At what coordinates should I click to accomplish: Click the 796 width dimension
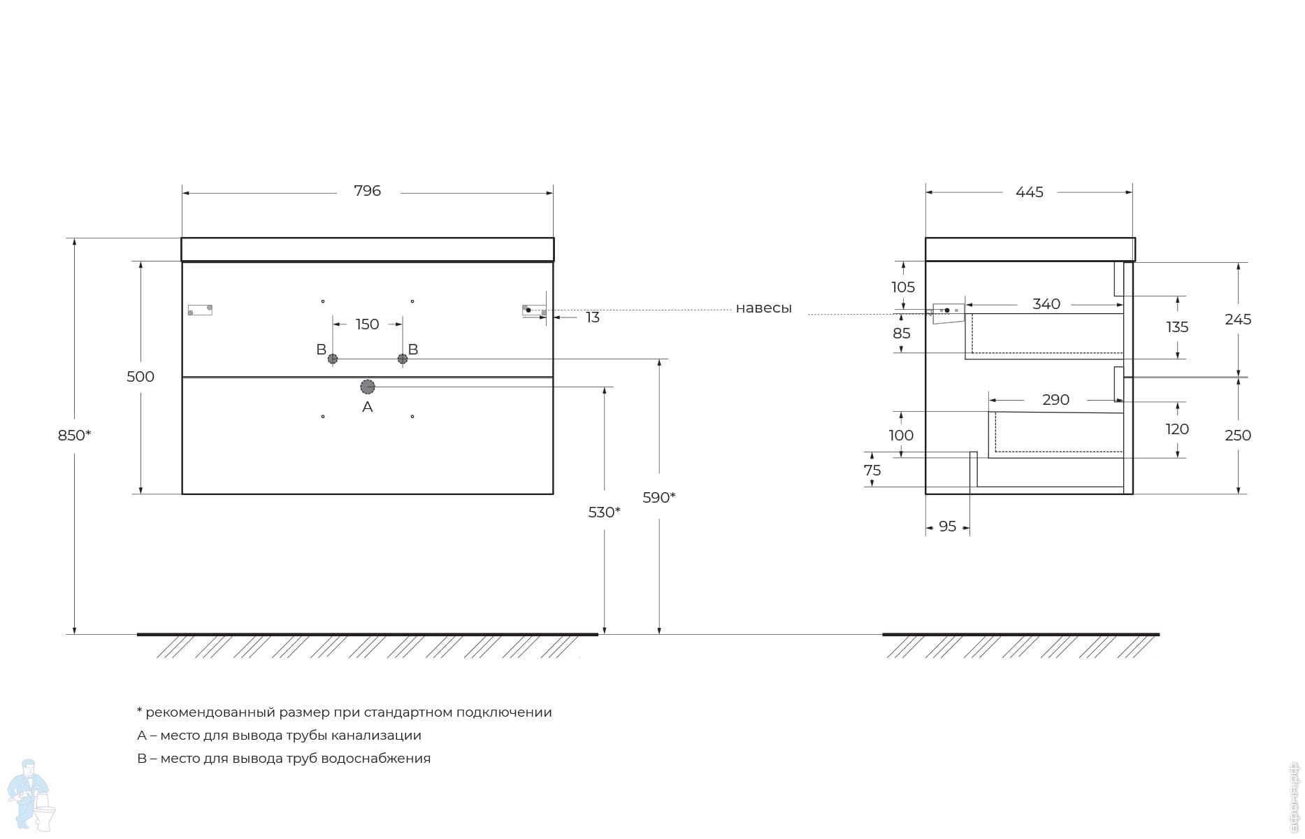(x=367, y=191)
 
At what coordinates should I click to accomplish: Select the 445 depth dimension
(x=1029, y=192)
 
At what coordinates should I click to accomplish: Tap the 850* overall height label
(x=74, y=436)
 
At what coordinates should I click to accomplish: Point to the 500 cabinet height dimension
(x=140, y=377)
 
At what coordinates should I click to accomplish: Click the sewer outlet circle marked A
(x=368, y=387)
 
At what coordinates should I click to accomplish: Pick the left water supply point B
(x=333, y=359)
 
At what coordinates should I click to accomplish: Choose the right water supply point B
(x=403, y=359)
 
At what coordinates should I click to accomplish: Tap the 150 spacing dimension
(x=367, y=324)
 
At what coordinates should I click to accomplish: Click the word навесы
(x=763, y=308)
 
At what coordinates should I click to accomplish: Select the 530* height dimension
(x=605, y=512)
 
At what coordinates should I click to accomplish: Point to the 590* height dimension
(x=659, y=498)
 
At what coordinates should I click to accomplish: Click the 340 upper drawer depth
(x=1046, y=304)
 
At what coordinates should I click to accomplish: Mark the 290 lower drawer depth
(x=1055, y=400)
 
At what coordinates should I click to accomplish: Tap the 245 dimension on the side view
(x=1238, y=320)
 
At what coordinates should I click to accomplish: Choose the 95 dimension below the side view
(x=947, y=526)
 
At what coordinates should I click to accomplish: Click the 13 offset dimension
(x=593, y=317)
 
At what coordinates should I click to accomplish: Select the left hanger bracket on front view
(x=200, y=310)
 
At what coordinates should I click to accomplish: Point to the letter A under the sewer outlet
(x=368, y=407)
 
